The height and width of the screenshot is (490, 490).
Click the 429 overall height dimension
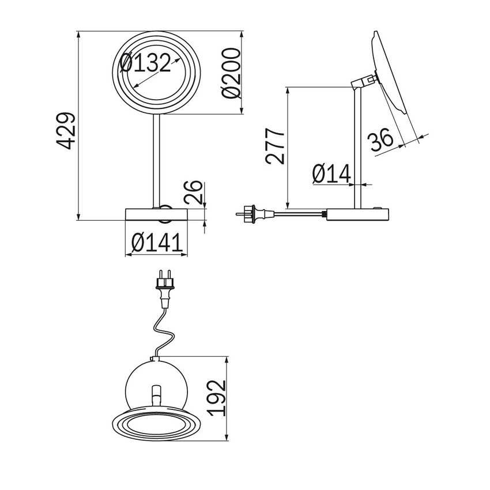point(66,130)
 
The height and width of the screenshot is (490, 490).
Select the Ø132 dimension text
point(146,63)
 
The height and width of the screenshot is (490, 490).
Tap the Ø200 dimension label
point(231,73)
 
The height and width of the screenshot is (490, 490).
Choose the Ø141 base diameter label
point(157,242)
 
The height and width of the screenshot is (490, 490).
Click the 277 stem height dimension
point(274,146)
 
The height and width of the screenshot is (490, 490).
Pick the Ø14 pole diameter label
point(331,174)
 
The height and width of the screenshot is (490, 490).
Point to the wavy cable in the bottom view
point(163,332)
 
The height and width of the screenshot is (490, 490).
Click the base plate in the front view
point(156,214)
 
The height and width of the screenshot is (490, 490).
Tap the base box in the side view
point(358,214)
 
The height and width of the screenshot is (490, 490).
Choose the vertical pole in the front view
point(156,161)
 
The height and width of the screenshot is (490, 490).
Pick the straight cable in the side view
point(299,214)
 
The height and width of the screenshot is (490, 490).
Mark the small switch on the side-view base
point(378,207)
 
